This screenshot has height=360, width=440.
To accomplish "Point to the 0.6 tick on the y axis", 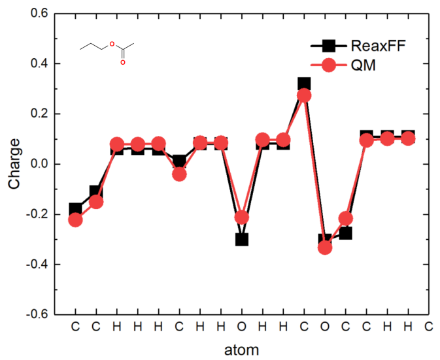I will (35, 14).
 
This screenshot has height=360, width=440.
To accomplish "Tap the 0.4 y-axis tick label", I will (35, 64).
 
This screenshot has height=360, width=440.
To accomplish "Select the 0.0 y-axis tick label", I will (35, 164).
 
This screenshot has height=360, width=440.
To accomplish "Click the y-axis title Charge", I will (14, 163).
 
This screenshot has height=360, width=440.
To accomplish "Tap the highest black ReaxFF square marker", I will (304, 84).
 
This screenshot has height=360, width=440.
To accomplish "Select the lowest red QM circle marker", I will (325, 247).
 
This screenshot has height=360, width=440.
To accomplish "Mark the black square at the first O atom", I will (242, 239).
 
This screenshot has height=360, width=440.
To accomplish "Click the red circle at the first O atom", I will (242, 217).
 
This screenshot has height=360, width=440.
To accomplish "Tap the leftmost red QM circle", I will (75, 220).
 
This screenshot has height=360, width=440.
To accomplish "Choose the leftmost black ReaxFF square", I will (75, 209).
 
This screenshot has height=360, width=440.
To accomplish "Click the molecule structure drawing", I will (107, 51).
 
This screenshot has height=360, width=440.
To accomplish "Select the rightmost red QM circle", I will (408, 139).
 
